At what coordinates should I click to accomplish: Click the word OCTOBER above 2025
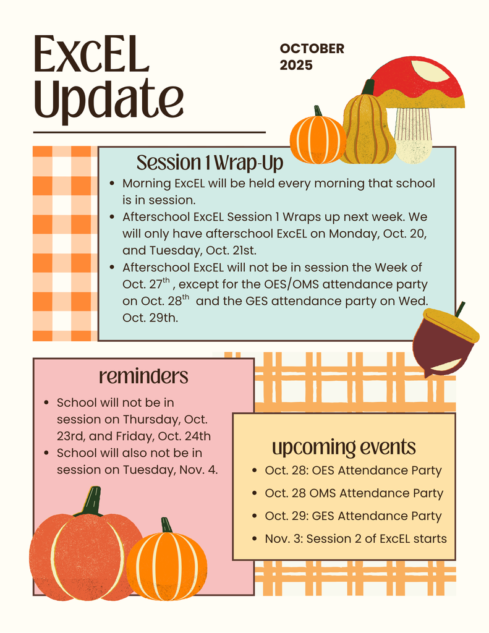[x=312, y=49]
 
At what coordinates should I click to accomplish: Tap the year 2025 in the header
[x=296, y=65]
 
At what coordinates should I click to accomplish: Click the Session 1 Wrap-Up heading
[x=210, y=163]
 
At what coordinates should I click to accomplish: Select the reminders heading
[x=143, y=376]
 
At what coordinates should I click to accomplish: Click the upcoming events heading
[x=344, y=447]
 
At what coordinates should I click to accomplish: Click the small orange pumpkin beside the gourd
[x=318, y=140]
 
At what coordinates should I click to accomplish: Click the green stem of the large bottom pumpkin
[x=91, y=501]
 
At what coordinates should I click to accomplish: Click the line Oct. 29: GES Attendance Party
[x=353, y=516]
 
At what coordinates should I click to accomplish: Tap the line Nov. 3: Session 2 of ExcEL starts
[x=355, y=538]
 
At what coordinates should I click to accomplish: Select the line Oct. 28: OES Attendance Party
[x=353, y=470]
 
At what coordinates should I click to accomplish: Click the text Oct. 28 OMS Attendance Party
[x=354, y=493]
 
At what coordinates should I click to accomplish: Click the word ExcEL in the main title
[x=91, y=54]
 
